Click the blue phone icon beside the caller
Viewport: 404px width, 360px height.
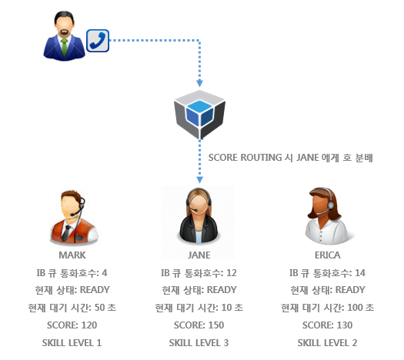pos(98,41)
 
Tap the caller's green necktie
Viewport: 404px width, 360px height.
pos(64,47)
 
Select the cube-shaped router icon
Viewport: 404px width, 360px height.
pos(199,115)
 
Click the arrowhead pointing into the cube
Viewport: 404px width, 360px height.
pos(199,83)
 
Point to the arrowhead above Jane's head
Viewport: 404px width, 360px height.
pos(199,180)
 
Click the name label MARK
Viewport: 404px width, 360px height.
pos(72,255)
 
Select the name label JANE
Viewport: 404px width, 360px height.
pos(199,255)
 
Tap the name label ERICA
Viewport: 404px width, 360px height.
pos(328,255)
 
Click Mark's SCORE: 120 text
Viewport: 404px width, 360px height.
pos(72,325)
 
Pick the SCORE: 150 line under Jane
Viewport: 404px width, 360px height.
pos(199,325)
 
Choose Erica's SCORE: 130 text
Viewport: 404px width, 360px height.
pos(328,325)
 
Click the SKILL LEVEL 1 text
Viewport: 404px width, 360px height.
pos(72,343)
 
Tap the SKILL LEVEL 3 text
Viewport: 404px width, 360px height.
pos(199,343)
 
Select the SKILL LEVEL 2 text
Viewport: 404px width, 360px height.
pos(328,343)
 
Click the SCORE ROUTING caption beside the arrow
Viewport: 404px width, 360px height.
pos(291,158)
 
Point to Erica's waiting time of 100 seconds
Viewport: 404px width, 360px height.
pos(328,308)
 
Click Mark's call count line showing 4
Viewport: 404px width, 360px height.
pos(72,273)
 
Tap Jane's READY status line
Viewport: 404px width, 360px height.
pos(199,290)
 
